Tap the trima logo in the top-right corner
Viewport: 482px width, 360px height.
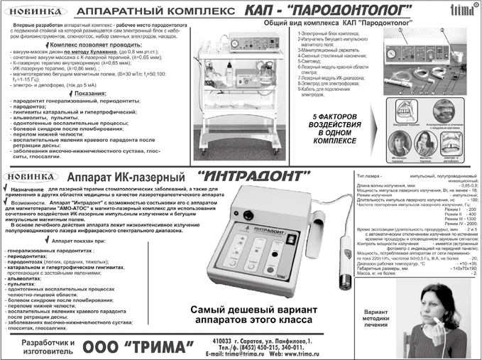click(460, 11)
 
